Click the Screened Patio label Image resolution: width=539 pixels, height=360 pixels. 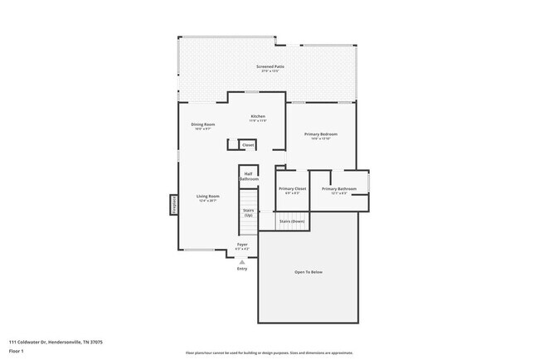(269, 66)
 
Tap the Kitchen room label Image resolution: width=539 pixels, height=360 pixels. (258, 116)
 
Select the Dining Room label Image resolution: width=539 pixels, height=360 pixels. (203, 124)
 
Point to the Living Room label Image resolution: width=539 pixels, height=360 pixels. (207, 197)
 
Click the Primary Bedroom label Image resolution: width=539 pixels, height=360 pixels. (321, 134)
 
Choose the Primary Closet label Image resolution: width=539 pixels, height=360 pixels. (292, 188)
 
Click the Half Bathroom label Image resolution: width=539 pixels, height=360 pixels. (249, 176)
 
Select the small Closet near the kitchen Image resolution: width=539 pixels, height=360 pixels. (248, 145)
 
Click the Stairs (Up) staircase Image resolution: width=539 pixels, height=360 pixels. (248, 213)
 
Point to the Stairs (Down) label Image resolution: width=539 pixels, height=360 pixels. (291, 221)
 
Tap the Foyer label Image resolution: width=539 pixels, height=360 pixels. (243, 245)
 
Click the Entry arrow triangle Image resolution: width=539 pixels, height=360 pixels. (242, 261)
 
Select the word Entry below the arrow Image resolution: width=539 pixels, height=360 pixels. (242, 269)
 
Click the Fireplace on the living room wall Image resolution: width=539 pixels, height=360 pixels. (174, 204)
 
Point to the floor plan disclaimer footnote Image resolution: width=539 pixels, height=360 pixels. (269, 353)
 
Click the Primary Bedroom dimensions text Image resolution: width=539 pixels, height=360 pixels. (321, 139)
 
